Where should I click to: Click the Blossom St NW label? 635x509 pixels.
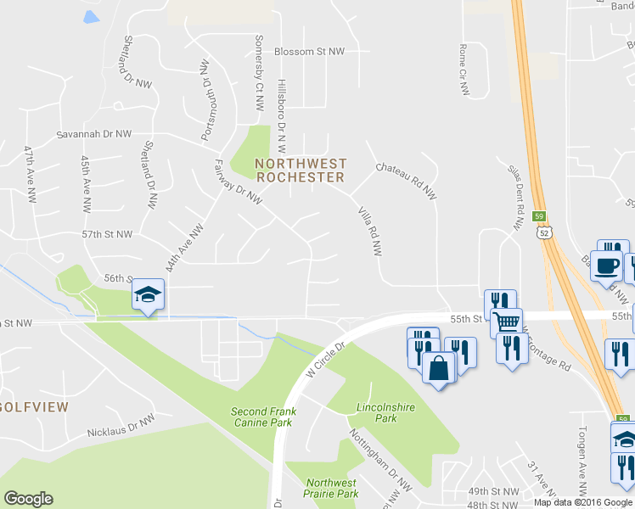click(x=309, y=52)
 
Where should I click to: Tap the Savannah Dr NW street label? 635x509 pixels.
click(x=94, y=134)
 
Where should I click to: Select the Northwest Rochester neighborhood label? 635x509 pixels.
click(x=301, y=171)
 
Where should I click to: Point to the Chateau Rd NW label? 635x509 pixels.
click(x=406, y=181)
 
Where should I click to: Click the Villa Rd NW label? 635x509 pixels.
click(x=370, y=231)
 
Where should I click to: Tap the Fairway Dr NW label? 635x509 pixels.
click(x=236, y=182)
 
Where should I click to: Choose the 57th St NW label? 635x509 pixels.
click(x=107, y=233)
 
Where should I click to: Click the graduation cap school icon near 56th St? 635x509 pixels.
click(x=148, y=294)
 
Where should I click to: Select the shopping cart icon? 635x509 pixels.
click(x=506, y=321)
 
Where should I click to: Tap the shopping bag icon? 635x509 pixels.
click(x=439, y=368)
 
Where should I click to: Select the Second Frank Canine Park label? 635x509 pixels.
click(x=264, y=417)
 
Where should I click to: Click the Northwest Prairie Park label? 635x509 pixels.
click(x=332, y=488)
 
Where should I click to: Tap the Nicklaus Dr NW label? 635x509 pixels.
click(x=121, y=426)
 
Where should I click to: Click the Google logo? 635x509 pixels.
click(x=28, y=499)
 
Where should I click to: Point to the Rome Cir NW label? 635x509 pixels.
click(x=464, y=71)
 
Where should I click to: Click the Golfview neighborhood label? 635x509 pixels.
click(x=34, y=407)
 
